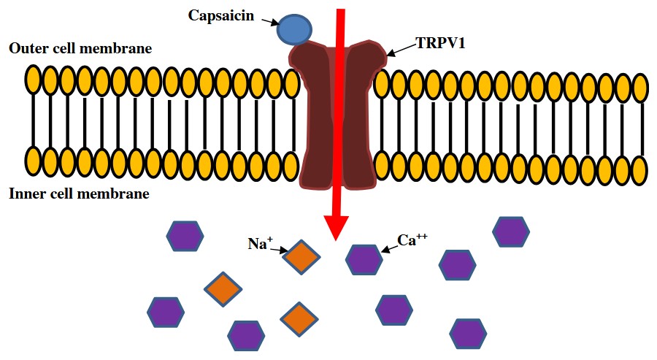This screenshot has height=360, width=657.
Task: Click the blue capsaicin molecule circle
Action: pyautogui.click(x=293, y=30)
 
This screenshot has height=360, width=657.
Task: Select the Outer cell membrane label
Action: pyautogui.click(x=80, y=49)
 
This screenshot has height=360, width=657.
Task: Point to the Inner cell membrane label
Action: pyautogui.click(x=80, y=194)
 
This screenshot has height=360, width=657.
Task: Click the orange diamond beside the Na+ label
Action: pyautogui.click(x=301, y=258)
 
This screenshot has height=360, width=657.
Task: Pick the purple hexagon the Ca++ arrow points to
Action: pyautogui.click(x=364, y=260)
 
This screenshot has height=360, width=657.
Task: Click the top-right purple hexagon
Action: pyautogui.click(x=511, y=231)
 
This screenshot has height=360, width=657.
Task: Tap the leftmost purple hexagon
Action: pyautogui.click(x=166, y=312)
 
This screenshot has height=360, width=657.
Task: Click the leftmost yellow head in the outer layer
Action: pyautogui.click(x=33, y=80)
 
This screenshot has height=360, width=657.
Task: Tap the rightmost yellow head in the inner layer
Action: pyautogui.click(x=640, y=169)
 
